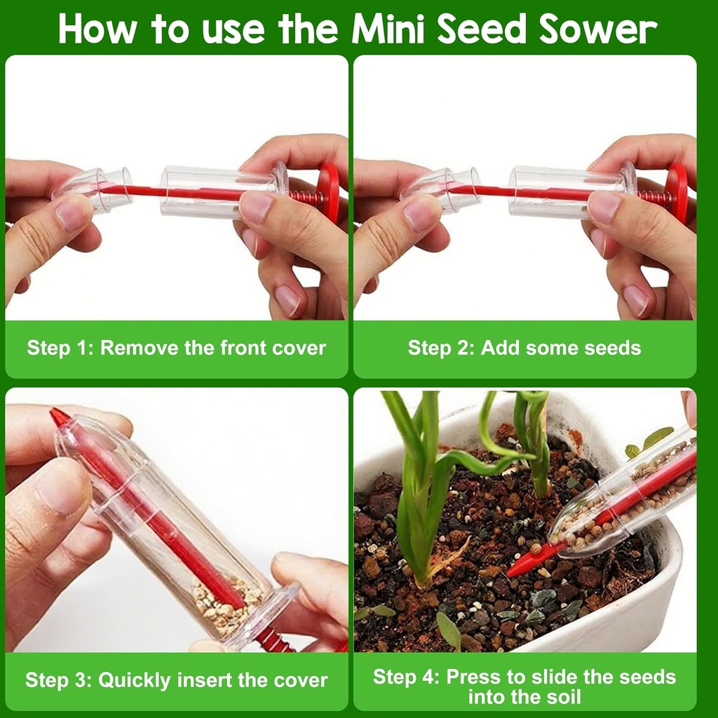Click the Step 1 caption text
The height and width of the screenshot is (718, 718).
tap(176, 348)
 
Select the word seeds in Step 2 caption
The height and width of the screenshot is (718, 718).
tap(607, 348)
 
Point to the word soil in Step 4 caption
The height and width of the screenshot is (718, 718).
tap(564, 697)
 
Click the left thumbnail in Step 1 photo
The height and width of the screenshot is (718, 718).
tap(74, 214)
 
